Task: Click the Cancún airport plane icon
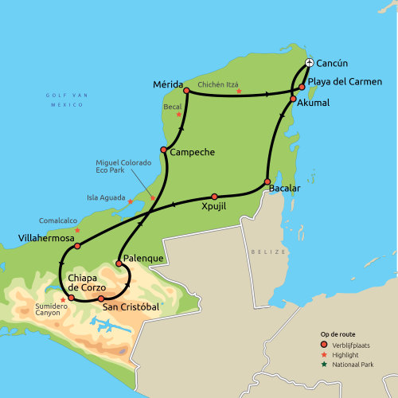click(310, 64)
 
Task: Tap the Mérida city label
click(167, 84)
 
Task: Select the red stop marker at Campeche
click(163, 150)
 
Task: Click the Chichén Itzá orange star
click(239, 91)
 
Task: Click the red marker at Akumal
click(293, 99)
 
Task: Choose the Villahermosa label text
click(46, 237)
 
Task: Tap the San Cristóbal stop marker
click(101, 298)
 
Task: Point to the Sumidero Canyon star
click(63, 300)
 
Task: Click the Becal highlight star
click(178, 115)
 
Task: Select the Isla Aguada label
click(104, 197)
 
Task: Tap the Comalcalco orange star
click(77, 230)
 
